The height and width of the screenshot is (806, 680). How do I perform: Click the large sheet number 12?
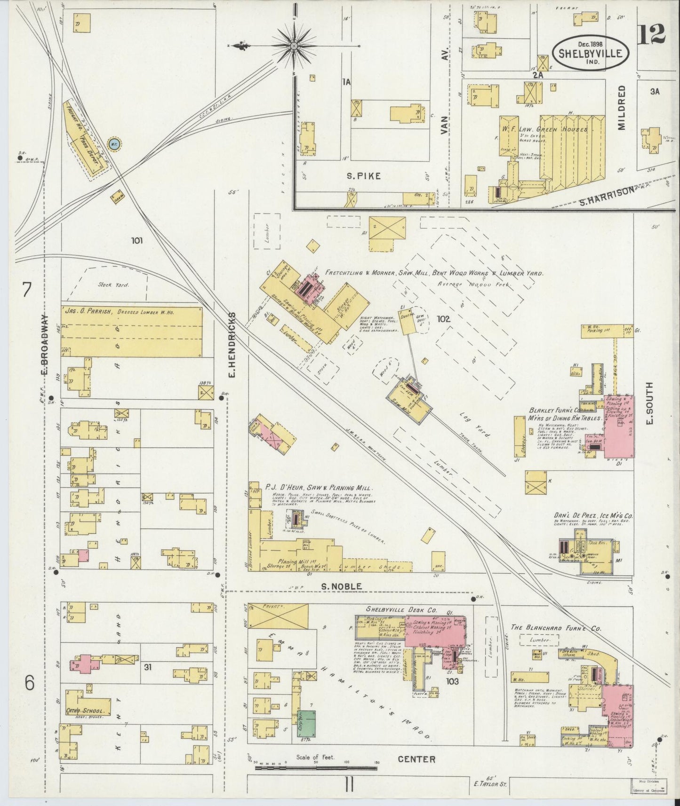point(652,34)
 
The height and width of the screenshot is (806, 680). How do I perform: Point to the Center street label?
point(416,759)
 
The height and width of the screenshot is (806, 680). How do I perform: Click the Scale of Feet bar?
point(316,768)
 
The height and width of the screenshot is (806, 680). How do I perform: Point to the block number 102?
point(443,319)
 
